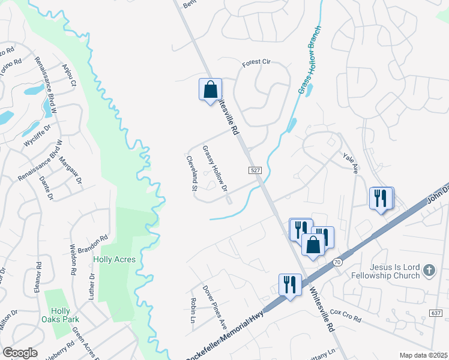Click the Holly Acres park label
tap(114, 260)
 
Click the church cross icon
tap(429, 271)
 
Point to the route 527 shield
tap(255, 171)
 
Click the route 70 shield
tap(337, 262)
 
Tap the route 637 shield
tap(436, 313)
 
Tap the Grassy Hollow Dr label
tap(215, 169)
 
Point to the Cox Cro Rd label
tap(345, 316)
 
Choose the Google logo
tap(20, 353)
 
